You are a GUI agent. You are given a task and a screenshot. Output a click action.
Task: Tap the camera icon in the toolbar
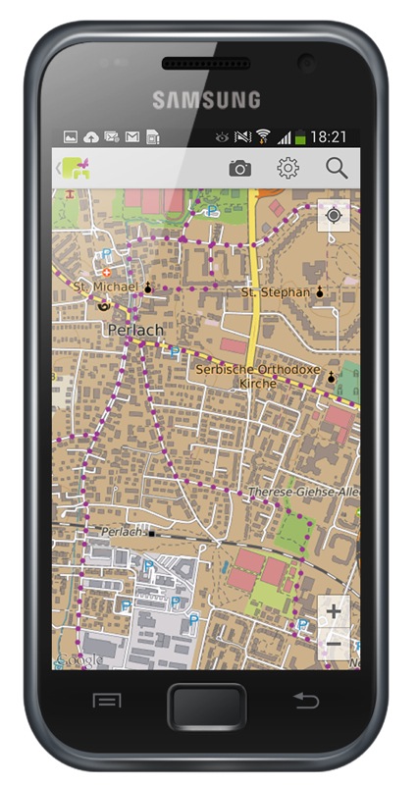pos(239,169)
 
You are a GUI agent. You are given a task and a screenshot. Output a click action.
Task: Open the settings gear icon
pos(287,169)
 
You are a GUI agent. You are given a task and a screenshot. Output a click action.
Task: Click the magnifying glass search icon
pos(337,169)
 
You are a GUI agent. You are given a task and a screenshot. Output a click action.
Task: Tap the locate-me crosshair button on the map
pos(335,215)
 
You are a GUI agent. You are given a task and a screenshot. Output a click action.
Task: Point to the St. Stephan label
pos(277,292)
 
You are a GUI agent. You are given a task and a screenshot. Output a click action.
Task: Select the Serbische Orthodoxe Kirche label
pos(258,376)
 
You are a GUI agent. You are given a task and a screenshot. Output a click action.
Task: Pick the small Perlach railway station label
pos(114,531)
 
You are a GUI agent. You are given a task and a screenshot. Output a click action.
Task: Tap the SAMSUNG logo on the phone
pos(206,100)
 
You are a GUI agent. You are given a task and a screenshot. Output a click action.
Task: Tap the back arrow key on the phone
pos(306,700)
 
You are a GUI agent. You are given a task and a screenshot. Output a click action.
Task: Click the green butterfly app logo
pos(78,169)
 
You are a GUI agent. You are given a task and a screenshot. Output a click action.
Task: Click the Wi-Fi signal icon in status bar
pos(263,137)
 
